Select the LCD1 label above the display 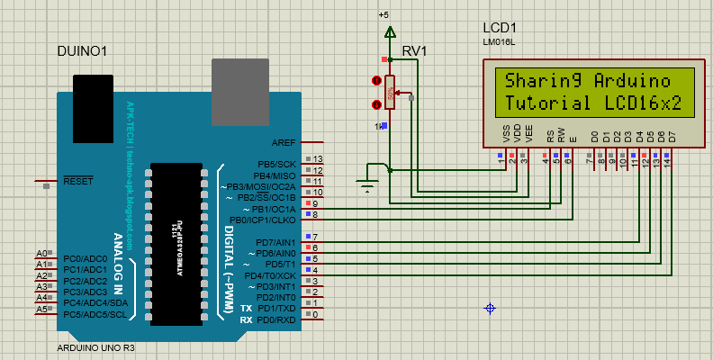click(501, 28)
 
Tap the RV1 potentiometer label click(415, 50)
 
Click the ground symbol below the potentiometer click(366, 187)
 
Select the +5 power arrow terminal click(389, 33)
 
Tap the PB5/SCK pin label click(276, 164)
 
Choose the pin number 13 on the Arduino click(317, 159)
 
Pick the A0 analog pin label click(41, 254)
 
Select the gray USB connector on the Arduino click(239, 86)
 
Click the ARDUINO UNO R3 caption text click(95, 347)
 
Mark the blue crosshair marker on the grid click(490, 309)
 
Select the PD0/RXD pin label click(276, 320)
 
